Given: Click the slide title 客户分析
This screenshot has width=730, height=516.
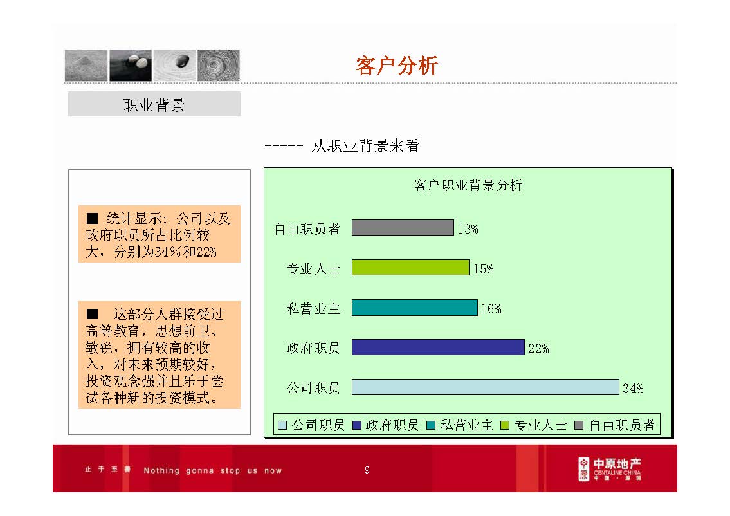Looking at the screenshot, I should [396, 66].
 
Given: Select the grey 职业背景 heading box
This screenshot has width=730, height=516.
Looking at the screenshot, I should [154, 104].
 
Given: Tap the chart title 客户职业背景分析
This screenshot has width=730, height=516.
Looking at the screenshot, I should [468, 186].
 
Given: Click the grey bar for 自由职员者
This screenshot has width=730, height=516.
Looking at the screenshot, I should [403, 228].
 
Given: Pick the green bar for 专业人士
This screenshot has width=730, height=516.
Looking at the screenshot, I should [410, 268].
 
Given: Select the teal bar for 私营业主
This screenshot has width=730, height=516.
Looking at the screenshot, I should [414, 308].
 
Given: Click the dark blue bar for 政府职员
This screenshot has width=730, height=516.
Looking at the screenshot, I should [438, 347].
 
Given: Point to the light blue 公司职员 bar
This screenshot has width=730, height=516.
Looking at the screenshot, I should [485, 387].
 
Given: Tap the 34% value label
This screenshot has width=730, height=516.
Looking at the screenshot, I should [633, 389].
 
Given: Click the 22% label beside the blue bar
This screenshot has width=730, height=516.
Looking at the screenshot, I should [538, 349].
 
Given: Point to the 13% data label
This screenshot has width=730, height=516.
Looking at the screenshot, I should [468, 229].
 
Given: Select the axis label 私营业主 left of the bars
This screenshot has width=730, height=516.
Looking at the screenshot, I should [313, 309].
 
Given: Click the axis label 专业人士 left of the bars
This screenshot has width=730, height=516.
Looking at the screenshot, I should [313, 269].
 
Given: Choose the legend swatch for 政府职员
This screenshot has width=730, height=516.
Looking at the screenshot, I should [357, 425].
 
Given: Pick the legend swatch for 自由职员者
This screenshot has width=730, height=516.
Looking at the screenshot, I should [579, 425].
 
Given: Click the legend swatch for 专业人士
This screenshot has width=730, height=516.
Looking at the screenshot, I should [506, 425].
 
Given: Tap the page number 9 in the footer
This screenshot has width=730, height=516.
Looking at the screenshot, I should [367, 470].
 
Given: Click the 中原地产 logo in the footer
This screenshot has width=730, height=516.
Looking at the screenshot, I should [609, 469].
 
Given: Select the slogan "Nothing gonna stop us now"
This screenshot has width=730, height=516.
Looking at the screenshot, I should [212, 470].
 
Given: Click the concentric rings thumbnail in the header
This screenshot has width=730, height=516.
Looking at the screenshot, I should [218, 65].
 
